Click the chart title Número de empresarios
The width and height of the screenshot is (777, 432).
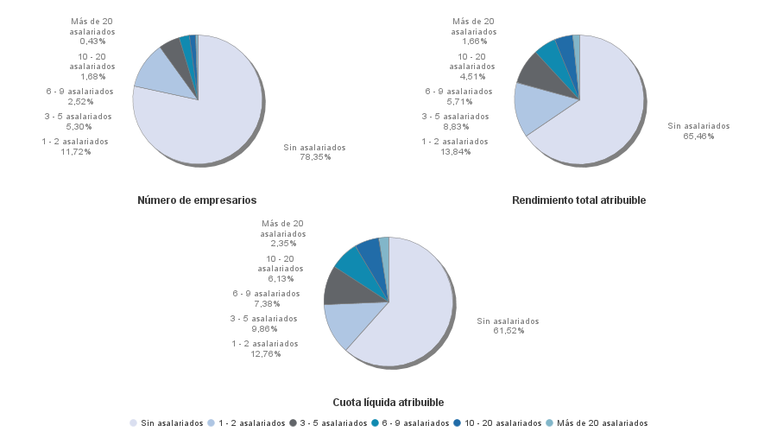point(197,200)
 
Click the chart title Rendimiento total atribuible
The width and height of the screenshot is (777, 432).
point(578,200)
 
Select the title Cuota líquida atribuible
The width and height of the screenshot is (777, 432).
point(388,403)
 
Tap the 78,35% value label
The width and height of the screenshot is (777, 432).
point(315,157)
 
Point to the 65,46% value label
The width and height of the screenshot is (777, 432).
point(698,137)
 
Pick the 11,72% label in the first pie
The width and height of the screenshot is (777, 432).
point(76,152)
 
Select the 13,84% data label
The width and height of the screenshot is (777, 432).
point(455,152)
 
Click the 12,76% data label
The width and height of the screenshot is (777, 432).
point(265,353)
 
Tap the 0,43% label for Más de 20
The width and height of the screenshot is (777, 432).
point(92,41)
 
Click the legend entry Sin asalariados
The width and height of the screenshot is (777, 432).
point(167,422)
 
